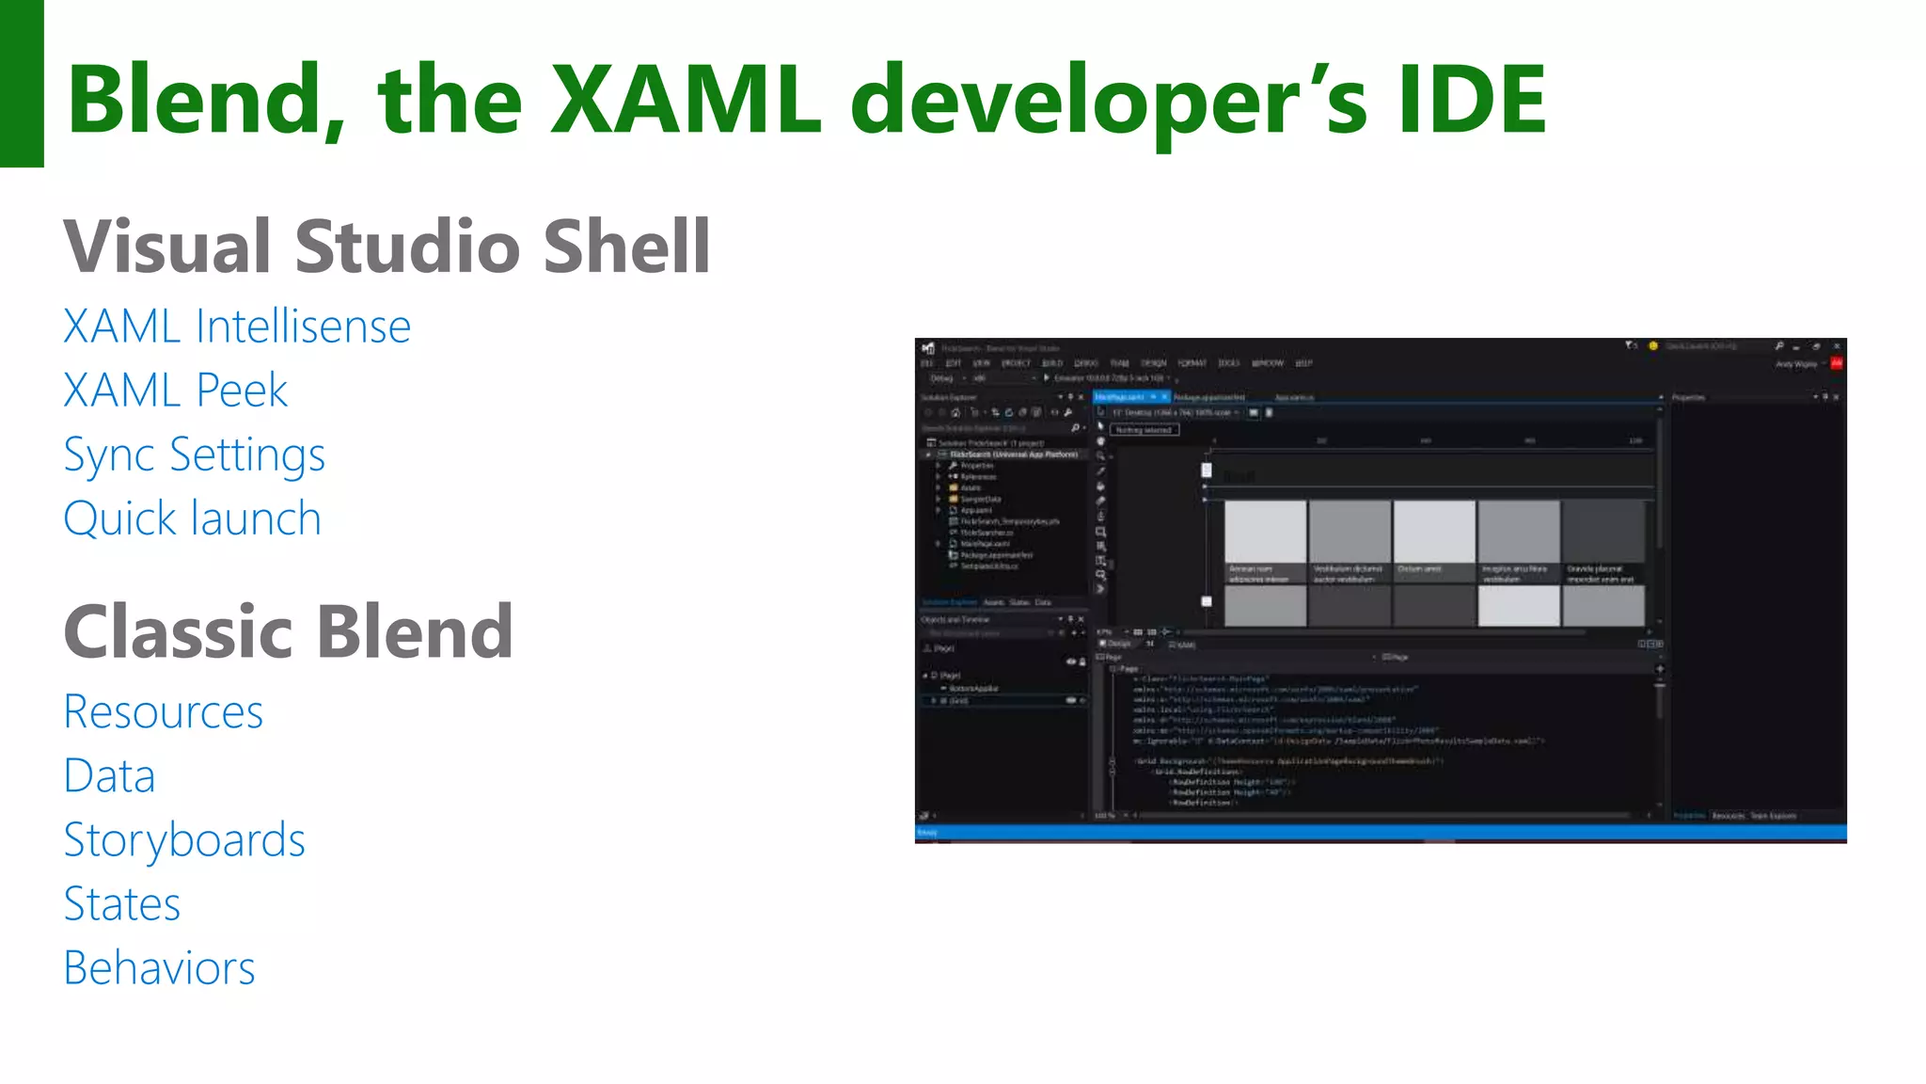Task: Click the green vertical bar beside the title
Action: [x=22, y=83]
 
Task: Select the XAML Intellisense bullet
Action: [x=237, y=327]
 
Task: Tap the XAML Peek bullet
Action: [x=176, y=391]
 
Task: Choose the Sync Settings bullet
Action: [x=195, y=455]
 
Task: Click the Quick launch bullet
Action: [x=193, y=518]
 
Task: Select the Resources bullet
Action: [x=164, y=711]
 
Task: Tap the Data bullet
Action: [x=109, y=776]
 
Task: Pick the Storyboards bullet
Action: [x=184, y=840]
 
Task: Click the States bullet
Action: [x=122, y=904]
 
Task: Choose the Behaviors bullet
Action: [x=160, y=968]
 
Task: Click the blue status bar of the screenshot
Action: [x=1380, y=832]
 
